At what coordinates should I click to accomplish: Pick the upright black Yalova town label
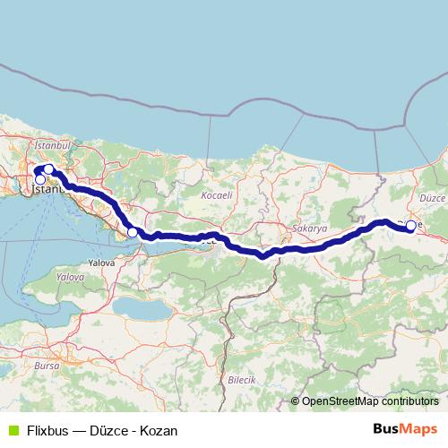101,263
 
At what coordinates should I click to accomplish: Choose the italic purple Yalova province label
70,278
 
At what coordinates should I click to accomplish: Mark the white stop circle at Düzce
411,226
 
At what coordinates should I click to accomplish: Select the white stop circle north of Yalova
133,233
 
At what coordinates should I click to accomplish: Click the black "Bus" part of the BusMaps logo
386,429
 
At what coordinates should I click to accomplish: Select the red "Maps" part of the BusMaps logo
418,429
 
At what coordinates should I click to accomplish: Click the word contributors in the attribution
408,401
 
